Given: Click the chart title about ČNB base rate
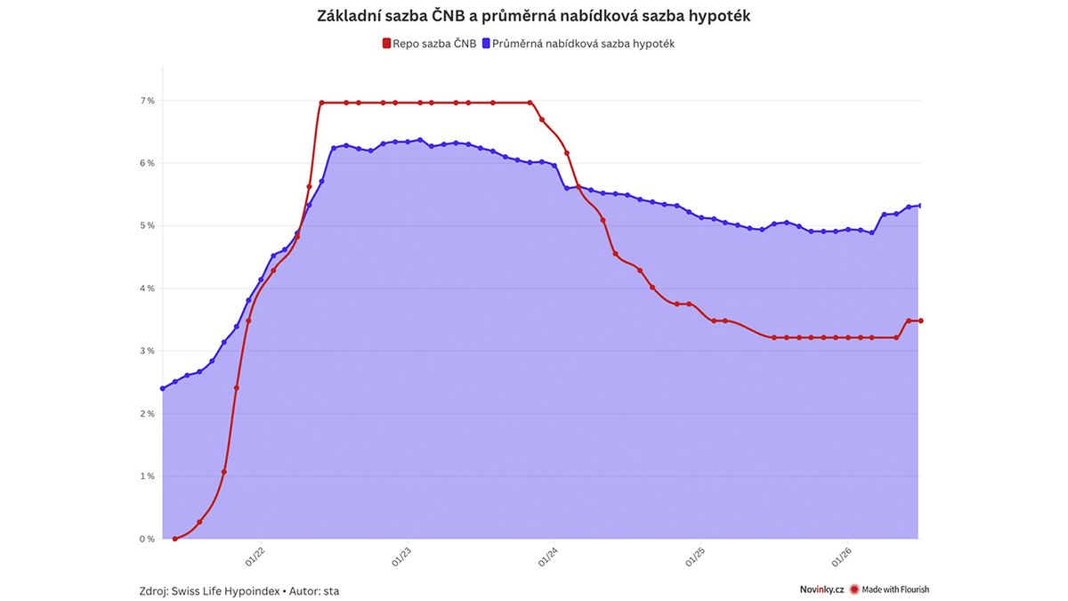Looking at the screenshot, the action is click(533, 16).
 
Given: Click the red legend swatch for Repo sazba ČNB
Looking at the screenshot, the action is click(386, 44).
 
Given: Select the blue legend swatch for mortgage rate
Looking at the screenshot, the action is click(486, 44).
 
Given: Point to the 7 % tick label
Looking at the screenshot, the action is click(148, 101).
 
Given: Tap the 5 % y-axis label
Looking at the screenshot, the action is click(148, 225).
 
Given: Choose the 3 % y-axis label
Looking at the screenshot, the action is click(148, 351).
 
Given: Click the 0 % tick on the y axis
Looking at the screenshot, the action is click(148, 539).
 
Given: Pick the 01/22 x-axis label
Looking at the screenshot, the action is click(255, 556).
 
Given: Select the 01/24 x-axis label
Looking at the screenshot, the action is click(548, 556).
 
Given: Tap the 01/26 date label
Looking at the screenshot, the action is click(842, 556).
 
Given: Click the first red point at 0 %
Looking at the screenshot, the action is click(175, 539).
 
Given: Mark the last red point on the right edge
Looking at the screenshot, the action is click(920, 321).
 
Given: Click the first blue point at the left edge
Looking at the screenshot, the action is click(163, 389).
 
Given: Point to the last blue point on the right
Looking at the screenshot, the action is click(920, 206).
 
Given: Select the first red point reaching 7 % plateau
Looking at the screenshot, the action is click(322, 102).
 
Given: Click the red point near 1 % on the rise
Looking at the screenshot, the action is click(224, 472).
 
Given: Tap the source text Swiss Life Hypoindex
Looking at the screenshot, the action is click(225, 591).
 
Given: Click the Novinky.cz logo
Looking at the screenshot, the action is click(822, 589).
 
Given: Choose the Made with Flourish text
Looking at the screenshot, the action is click(895, 589).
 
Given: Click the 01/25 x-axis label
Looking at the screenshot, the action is click(695, 556).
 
